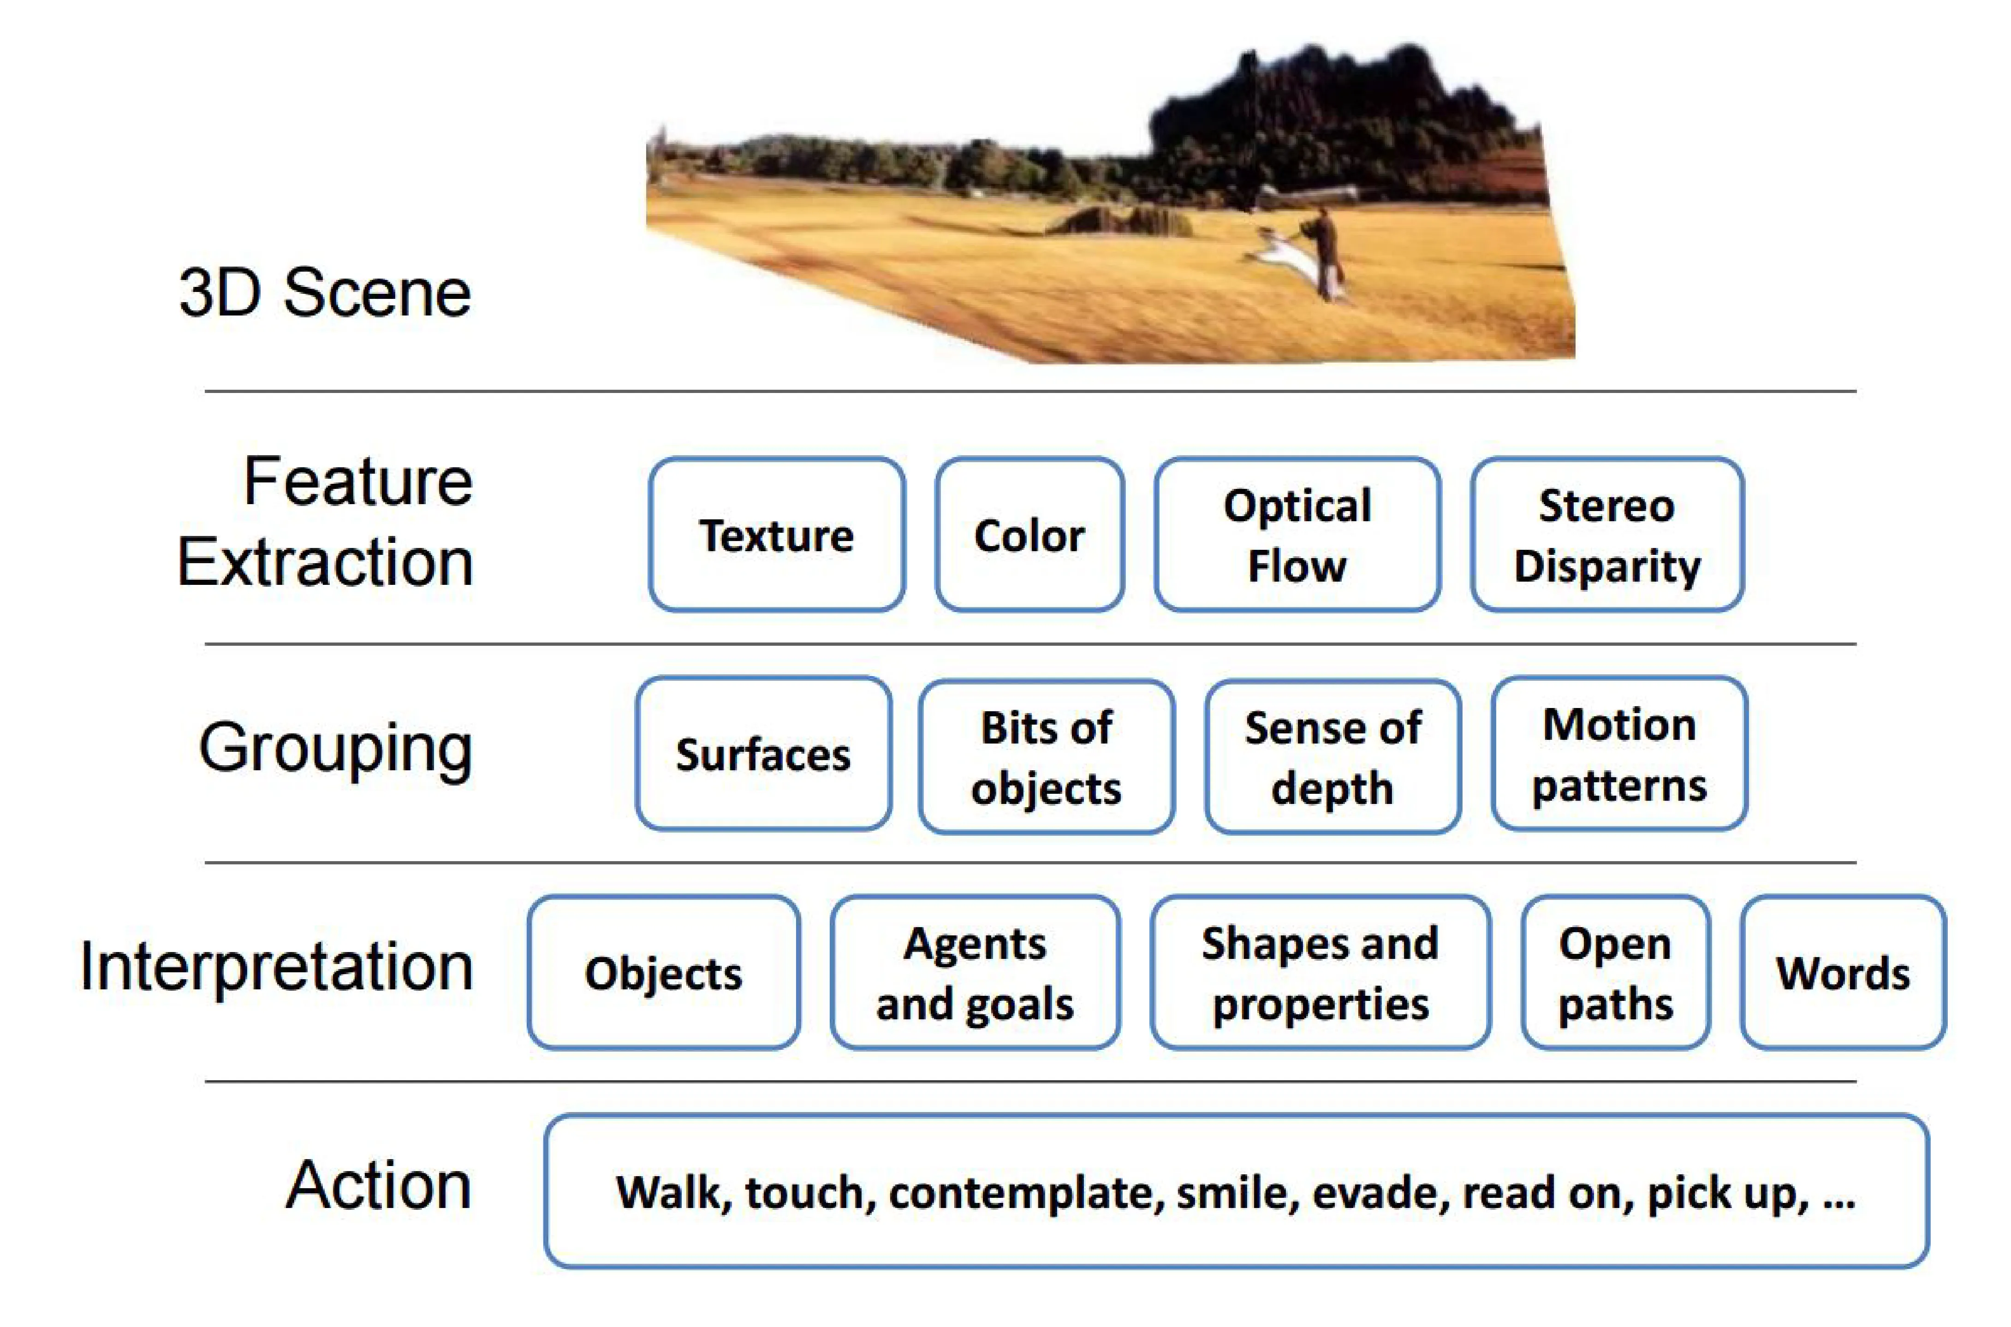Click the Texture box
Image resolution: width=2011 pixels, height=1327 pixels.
(x=777, y=535)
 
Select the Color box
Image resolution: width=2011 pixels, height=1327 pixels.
(x=1029, y=535)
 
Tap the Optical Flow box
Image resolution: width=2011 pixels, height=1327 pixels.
(x=1297, y=535)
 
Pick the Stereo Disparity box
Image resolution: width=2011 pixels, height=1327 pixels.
(x=1606, y=535)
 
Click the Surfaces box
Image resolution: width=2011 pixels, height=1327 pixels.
(x=763, y=753)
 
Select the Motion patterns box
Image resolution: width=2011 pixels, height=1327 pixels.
(x=1619, y=753)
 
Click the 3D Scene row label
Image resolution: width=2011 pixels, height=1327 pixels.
(x=325, y=293)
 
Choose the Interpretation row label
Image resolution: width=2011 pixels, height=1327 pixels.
(x=276, y=966)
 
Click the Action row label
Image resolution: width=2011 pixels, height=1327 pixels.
(x=378, y=1185)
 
